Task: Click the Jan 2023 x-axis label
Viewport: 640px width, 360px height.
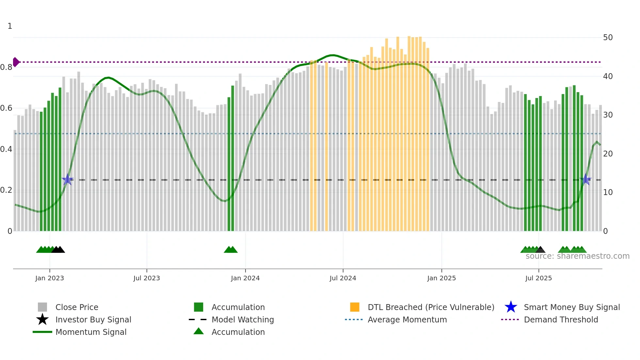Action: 50,278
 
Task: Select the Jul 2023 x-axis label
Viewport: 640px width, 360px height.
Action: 147,278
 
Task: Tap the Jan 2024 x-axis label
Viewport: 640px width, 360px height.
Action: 245,278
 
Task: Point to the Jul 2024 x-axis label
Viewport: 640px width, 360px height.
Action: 343,278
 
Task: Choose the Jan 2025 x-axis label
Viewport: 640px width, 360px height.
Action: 441,278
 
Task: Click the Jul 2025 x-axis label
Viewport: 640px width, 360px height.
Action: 538,278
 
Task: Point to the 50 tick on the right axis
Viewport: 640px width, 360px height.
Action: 608,38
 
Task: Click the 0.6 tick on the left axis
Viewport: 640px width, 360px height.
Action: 6,108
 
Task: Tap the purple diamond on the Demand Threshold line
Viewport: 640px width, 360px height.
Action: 16,62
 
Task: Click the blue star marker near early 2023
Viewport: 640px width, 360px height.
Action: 68,179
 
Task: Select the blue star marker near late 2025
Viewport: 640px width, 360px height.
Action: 586,179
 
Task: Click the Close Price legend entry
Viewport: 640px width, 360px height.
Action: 77,307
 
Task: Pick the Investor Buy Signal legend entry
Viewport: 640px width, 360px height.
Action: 93,319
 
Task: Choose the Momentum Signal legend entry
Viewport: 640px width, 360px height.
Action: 91,332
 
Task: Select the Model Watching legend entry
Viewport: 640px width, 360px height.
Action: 243,319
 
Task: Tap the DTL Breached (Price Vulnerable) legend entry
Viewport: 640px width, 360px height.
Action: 431,307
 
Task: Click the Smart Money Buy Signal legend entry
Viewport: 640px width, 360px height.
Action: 572,307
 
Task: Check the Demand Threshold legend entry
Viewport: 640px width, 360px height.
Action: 561,319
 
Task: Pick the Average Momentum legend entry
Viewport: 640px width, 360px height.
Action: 407,319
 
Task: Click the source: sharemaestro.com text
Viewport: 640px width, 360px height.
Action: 577,256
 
